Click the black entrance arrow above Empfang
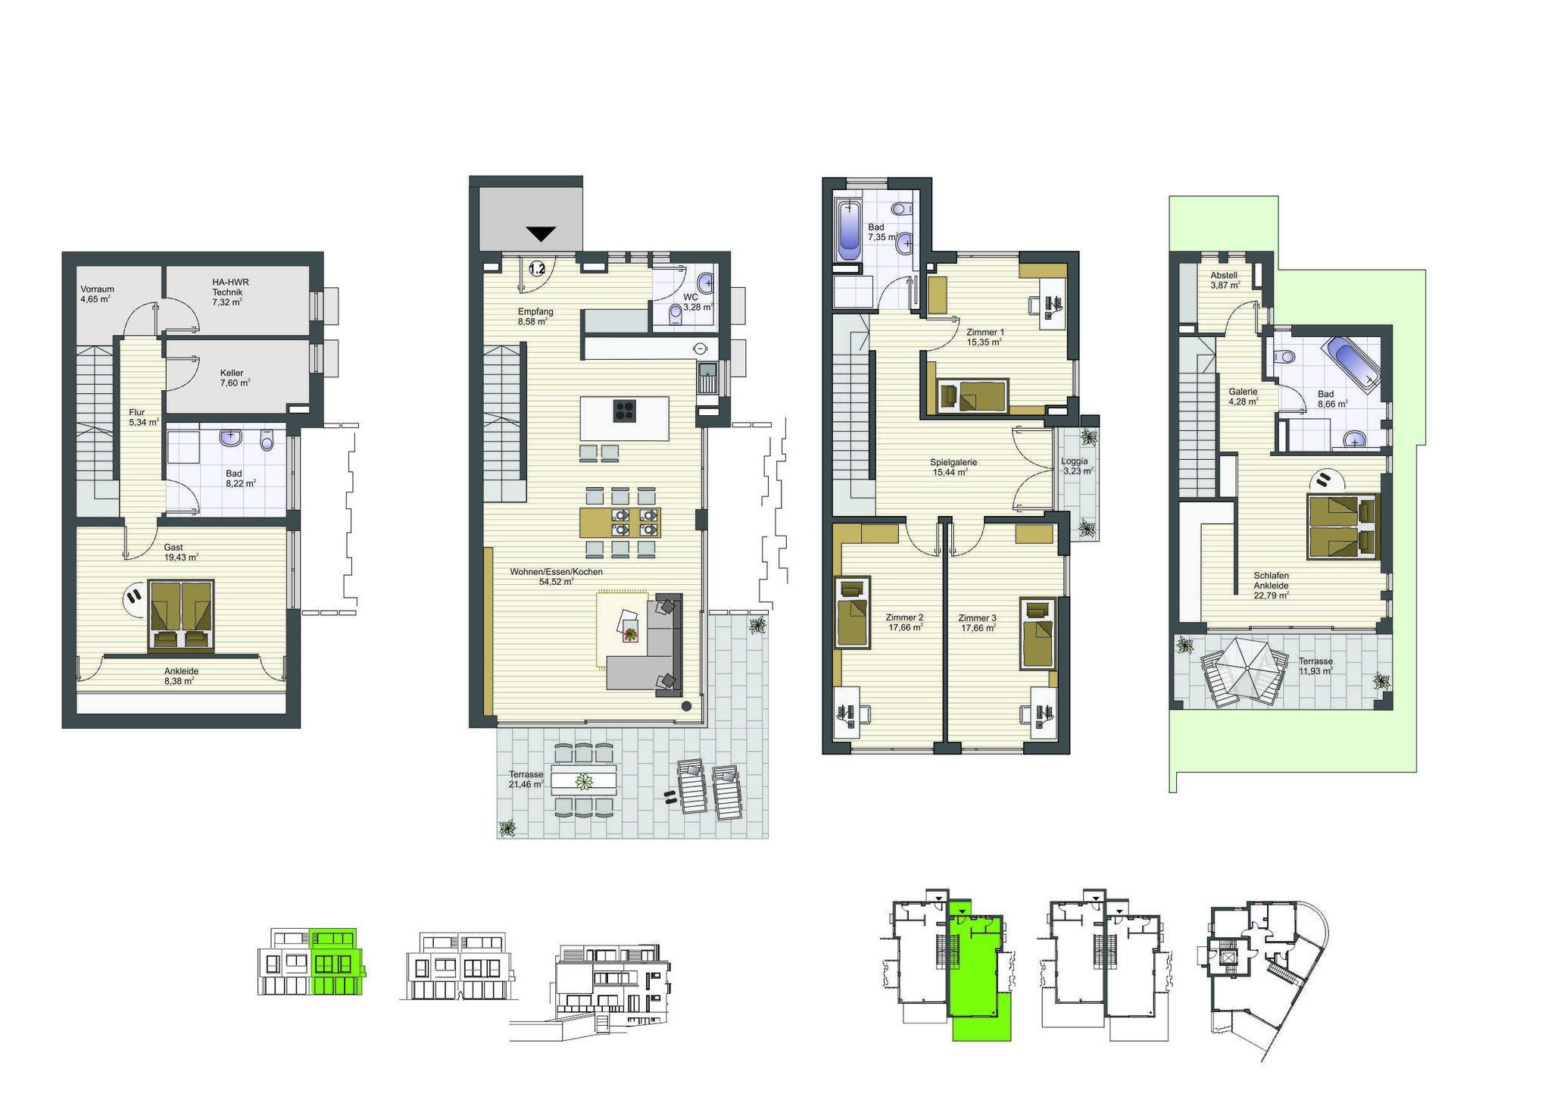(x=540, y=234)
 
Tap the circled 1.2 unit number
(x=537, y=269)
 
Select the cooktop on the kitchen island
(x=625, y=411)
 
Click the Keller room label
(x=232, y=373)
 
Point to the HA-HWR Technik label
(x=229, y=287)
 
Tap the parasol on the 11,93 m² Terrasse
(x=1244, y=670)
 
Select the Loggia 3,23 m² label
(x=1076, y=466)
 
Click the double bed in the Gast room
(x=181, y=615)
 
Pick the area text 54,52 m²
(x=556, y=582)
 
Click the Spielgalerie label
(x=953, y=462)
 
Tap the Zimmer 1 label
(x=985, y=333)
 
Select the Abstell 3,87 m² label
(x=1224, y=280)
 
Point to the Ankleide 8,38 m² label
(x=181, y=676)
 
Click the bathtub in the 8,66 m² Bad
(x=1350, y=364)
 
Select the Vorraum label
(x=97, y=289)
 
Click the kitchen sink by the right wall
(x=707, y=377)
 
